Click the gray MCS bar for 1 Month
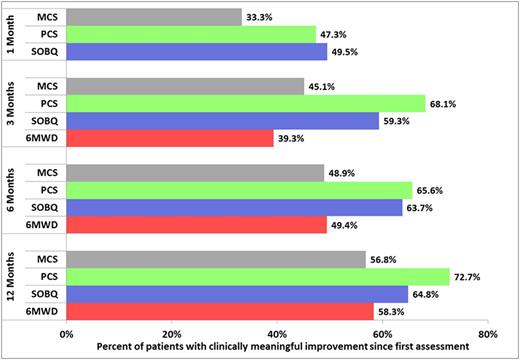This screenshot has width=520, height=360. click(x=154, y=17)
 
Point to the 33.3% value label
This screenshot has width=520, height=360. click(x=259, y=17)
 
